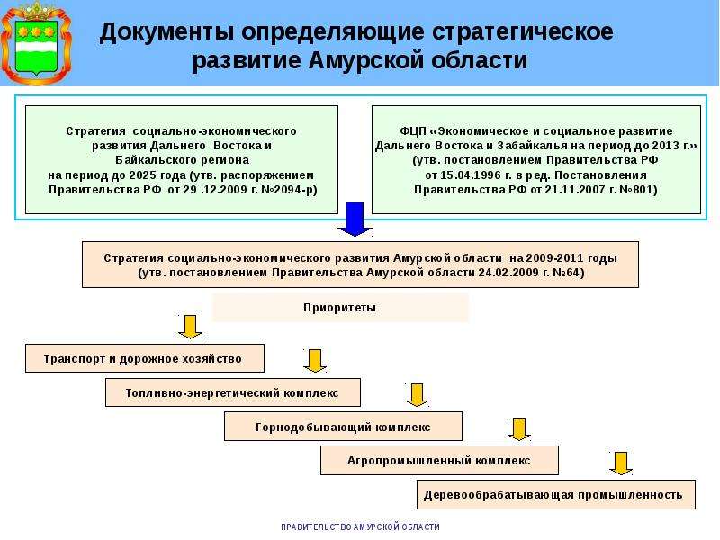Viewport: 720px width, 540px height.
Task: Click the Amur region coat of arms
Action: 36,43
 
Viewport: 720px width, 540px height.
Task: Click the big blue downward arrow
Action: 355,219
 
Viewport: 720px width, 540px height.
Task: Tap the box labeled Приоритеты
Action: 340,307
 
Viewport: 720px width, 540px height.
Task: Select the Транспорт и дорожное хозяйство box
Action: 145,358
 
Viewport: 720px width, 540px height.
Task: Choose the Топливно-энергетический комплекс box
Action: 233,392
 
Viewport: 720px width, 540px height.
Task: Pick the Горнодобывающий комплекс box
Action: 343,427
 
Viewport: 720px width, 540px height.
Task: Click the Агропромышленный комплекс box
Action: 439,460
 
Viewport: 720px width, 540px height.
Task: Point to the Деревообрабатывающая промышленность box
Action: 556,494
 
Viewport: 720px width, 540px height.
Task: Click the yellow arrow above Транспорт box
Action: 190,327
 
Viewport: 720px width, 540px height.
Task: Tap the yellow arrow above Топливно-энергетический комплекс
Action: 315,361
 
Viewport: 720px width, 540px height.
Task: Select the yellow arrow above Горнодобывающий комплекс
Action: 417,395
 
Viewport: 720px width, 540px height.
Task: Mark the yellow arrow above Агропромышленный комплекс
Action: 519,429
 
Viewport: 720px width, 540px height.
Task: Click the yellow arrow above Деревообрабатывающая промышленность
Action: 621,463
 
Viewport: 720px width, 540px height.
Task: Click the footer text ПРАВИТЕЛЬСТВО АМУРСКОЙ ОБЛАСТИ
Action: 361,527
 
